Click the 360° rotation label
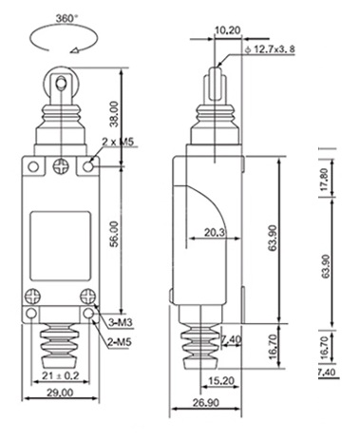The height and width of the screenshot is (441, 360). pyautogui.click(x=66, y=19)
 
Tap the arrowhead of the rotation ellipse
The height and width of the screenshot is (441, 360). pyautogui.click(x=75, y=50)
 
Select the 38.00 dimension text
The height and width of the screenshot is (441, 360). pyautogui.click(x=114, y=114)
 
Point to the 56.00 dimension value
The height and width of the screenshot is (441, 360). pyautogui.click(x=114, y=235)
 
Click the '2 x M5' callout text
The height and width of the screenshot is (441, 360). pyautogui.click(x=118, y=142)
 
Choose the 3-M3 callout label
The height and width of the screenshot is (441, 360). pyautogui.click(x=120, y=322)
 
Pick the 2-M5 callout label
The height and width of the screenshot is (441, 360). pyautogui.click(x=120, y=342)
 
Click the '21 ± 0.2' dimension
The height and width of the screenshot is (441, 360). pyautogui.click(x=61, y=375)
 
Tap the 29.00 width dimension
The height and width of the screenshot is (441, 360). pyautogui.click(x=60, y=393)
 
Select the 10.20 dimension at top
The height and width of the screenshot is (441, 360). pyautogui.click(x=228, y=30)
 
